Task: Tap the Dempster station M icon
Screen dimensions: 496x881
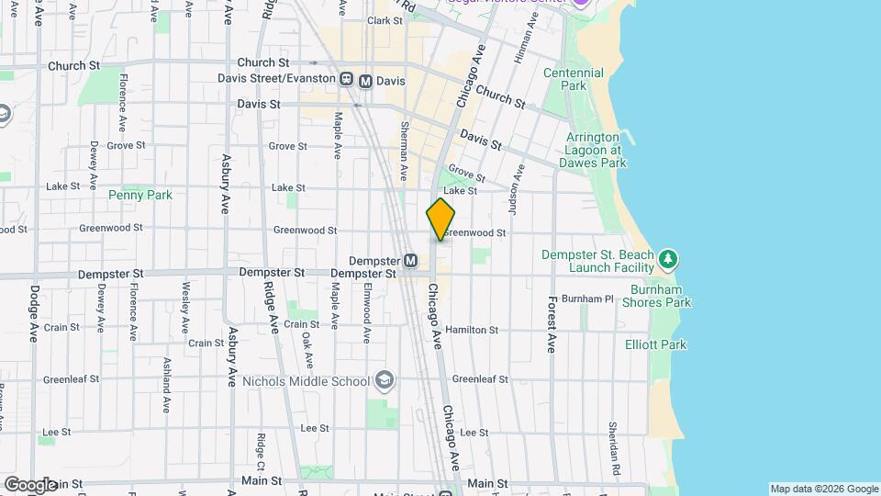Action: (411, 261)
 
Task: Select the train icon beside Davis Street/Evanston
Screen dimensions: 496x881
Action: (348, 80)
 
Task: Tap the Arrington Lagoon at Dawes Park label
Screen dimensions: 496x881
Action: (588, 150)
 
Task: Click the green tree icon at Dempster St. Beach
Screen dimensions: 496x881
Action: (670, 260)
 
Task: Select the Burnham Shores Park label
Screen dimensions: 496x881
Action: (656, 295)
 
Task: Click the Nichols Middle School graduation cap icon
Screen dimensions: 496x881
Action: (385, 380)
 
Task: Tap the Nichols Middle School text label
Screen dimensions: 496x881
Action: (306, 380)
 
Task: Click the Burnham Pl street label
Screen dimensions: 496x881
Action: (586, 299)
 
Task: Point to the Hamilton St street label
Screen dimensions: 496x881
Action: (473, 330)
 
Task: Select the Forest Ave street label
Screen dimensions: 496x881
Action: (552, 324)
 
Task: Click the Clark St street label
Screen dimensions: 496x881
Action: (385, 20)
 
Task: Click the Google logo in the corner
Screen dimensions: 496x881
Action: (29, 484)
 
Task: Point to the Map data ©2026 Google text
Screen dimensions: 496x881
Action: (823, 489)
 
